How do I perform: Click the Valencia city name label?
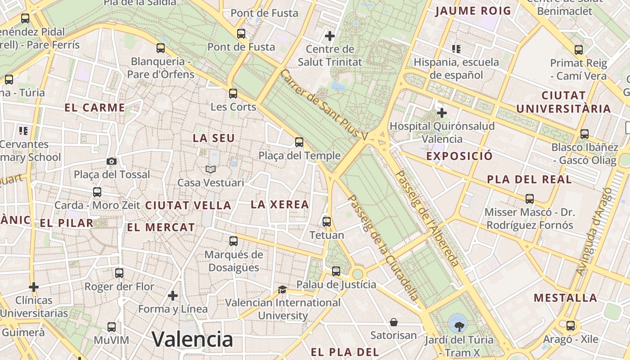click(192, 339)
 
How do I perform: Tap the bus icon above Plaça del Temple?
click(299, 142)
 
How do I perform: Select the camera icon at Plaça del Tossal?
click(111, 161)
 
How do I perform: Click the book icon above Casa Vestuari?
click(211, 170)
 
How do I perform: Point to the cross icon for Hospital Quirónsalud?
click(442, 112)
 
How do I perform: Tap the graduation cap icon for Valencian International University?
click(282, 289)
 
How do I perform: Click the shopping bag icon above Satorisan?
click(394, 322)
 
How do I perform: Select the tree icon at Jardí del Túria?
click(459, 325)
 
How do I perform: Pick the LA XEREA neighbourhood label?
click(280, 205)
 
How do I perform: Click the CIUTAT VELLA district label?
click(188, 206)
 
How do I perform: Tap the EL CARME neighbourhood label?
click(94, 108)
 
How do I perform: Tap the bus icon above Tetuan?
click(327, 221)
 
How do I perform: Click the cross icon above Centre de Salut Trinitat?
click(330, 36)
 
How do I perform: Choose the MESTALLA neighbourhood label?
click(566, 298)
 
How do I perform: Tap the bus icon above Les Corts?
click(233, 94)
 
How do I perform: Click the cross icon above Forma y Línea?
click(172, 296)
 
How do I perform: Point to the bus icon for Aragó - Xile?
click(571, 326)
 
